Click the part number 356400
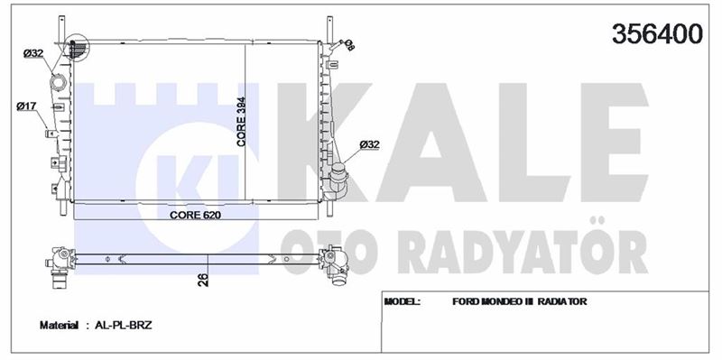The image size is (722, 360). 657,33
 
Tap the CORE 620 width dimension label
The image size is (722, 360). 195,215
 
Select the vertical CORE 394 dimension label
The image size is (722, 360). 241,122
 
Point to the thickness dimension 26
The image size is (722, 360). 203,280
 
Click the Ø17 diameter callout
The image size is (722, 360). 26,106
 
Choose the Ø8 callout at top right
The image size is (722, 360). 350,45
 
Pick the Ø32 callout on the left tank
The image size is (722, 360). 33,54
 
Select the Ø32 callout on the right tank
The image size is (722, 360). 369,144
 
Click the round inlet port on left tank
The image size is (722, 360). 59,83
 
